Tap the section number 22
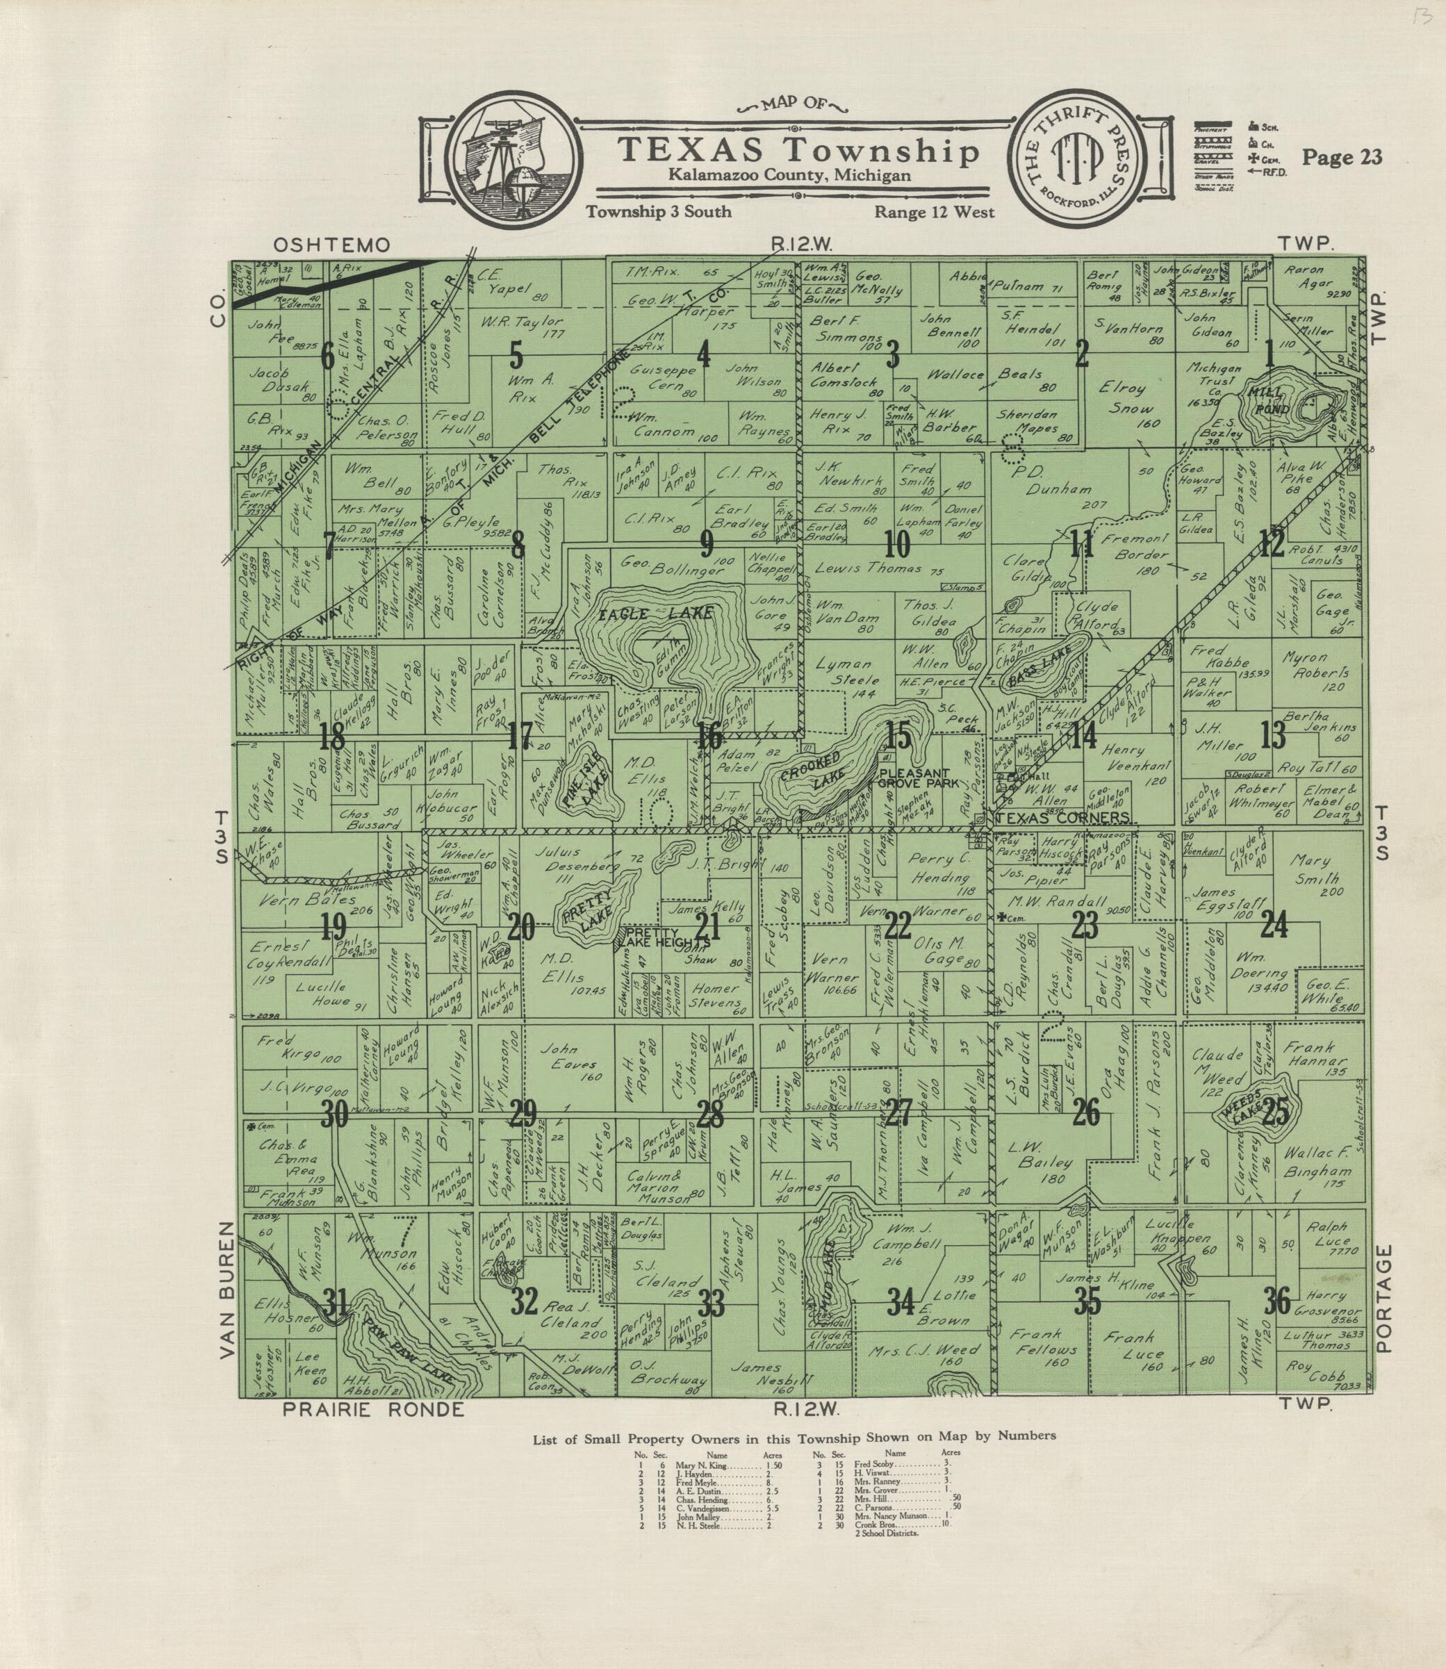[x=897, y=926]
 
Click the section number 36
[x=1276, y=1300]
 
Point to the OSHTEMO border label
[x=331, y=245]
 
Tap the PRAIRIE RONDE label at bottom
[x=374, y=1433]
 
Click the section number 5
[x=516, y=355]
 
